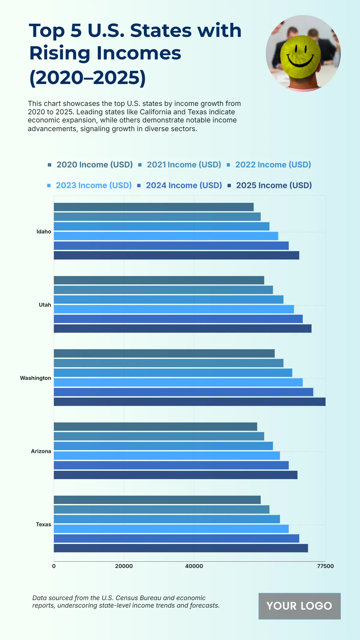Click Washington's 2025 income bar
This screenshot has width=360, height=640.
190,402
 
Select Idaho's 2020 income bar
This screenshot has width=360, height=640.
154,207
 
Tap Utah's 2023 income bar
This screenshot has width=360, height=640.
174,309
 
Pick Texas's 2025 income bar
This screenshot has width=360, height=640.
181,548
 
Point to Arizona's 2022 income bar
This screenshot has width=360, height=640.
163,446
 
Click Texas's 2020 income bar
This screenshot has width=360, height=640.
157,500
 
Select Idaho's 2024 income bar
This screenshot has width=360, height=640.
171,246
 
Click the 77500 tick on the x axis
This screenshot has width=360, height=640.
325,566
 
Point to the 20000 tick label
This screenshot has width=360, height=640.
124,566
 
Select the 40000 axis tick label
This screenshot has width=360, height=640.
194,566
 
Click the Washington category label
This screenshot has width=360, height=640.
35,378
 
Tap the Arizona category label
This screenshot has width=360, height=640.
41,451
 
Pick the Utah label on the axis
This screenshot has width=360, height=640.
45,305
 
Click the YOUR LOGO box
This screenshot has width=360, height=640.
299,606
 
